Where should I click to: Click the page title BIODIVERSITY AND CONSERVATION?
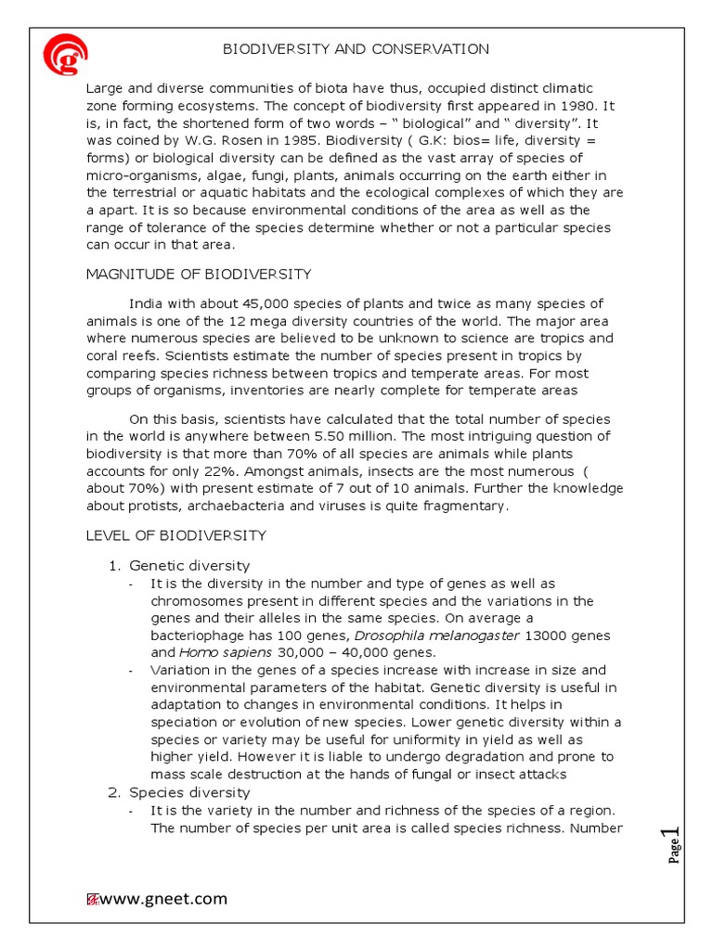tap(356, 49)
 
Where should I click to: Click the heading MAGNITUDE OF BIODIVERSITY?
tap(199, 275)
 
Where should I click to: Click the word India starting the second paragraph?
tap(147, 304)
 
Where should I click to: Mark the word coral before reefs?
tap(106, 356)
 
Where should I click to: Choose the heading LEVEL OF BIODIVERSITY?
tap(176, 535)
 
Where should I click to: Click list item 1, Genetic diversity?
tap(188, 565)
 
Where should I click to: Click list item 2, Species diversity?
tap(188, 792)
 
